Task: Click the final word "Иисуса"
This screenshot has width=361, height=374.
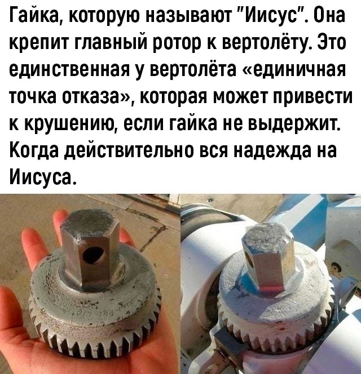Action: [x=42, y=177]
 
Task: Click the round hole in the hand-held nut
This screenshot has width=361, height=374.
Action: [x=93, y=256]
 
